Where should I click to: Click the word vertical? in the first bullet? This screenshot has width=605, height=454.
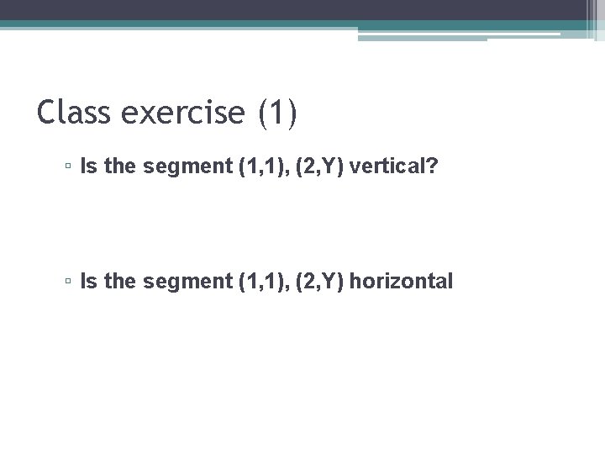pos(393,166)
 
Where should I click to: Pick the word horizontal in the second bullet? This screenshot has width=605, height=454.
pos(401,281)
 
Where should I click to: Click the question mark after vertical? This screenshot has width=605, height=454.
pos(432,166)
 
